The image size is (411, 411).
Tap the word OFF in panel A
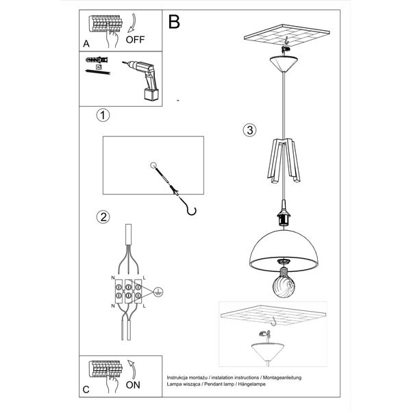tap(134, 39)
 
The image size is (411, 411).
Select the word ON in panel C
tap(135, 386)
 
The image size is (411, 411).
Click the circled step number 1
tap(102, 115)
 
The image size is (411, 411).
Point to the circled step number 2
tap(103, 218)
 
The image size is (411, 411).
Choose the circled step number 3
tap(250, 130)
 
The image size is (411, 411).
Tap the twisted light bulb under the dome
tap(284, 282)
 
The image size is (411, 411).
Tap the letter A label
tap(86, 43)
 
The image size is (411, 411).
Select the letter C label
tap(86, 389)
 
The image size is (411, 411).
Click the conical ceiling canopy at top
tap(285, 66)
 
